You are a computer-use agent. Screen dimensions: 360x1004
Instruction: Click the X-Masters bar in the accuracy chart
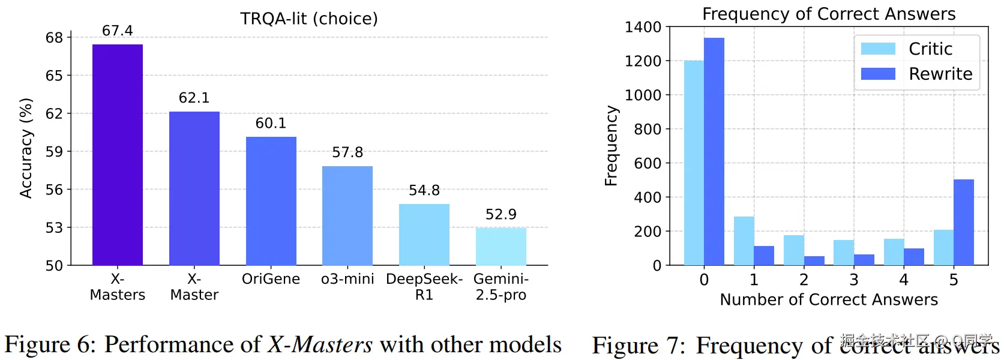pyautogui.click(x=118, y=155)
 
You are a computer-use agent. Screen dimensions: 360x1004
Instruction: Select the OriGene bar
pyautogui.click(x=271, y=201)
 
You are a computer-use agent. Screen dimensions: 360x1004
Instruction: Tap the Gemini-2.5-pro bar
pyautogui.click(x=501, y=247)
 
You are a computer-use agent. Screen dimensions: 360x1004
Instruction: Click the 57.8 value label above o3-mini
pyautogui.click(x=347, y=152)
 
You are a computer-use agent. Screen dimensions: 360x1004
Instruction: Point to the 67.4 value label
pyautogui.click(x=118, y=31)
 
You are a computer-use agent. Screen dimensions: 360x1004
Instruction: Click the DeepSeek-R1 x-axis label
pyautogui.click(x=424, y=287)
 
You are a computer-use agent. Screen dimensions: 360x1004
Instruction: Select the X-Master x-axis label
pyautogui.click(x=194, y=287)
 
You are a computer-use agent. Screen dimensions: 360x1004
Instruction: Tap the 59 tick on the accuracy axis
pyautogui.click(x=54, y=152)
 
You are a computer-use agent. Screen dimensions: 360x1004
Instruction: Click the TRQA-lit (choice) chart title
pyautogui.click(x=309, y=19)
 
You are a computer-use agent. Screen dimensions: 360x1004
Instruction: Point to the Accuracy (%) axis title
pyautogui.click(x=25, y=148)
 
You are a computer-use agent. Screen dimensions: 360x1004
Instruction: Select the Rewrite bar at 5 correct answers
pyautogui.click(x=964, y=222)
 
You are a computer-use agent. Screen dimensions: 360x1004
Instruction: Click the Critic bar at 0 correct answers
pyautogui.click(x=694, y=163)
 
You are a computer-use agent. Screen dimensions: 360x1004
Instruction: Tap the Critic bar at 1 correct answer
pyautogui.click(x=744, y=241)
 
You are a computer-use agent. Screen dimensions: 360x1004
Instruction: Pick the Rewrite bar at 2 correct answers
pyautogui.click(x=814, y=260)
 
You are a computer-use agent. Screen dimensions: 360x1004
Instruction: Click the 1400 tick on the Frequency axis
pyautogui.click(x=643, y=27)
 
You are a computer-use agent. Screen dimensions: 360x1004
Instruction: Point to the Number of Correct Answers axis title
pyautogui.click(x=829, y=299)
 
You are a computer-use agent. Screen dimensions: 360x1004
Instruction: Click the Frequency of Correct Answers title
pyautogui.click(x=829, y=14)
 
